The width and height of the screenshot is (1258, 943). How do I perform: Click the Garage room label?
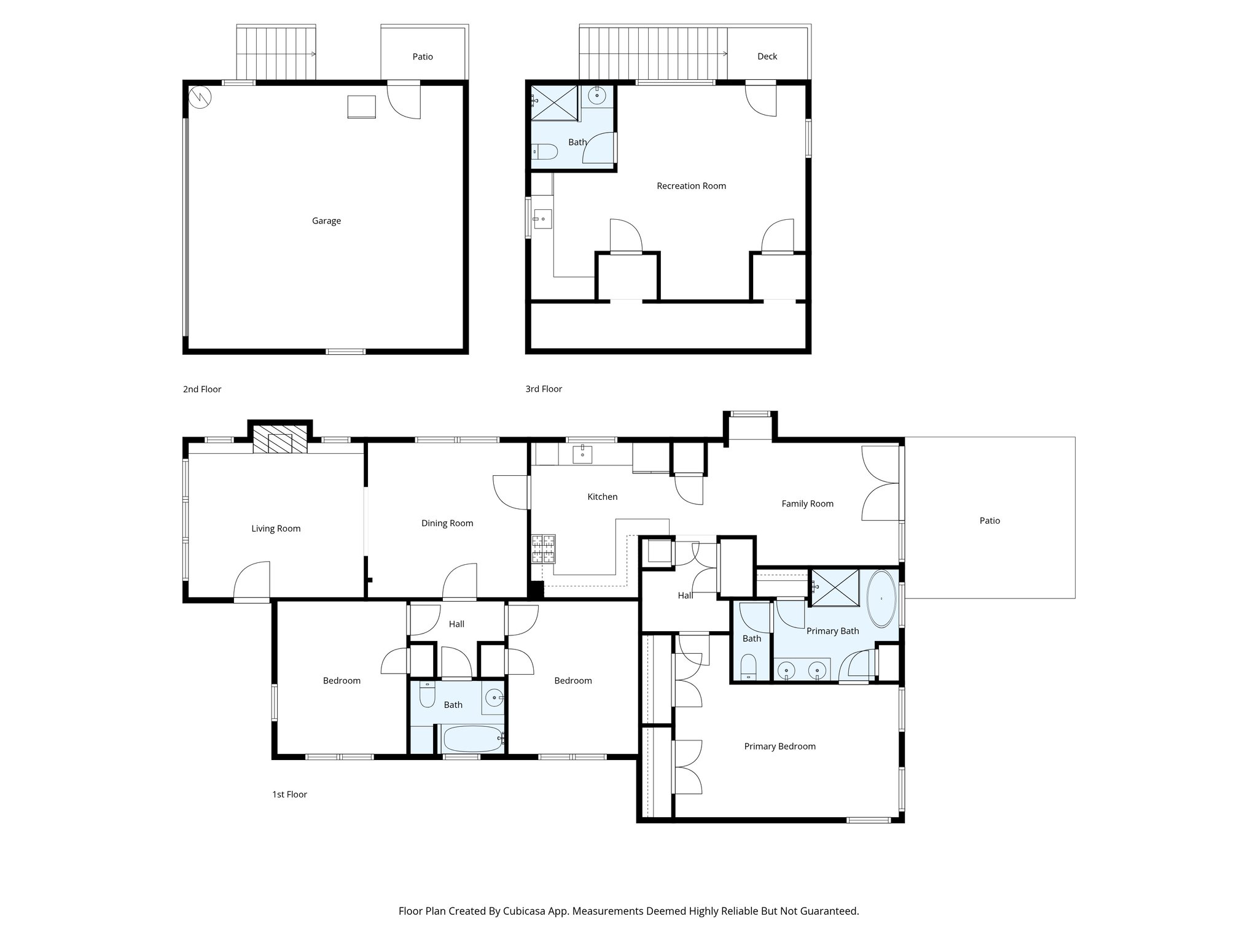pos(326,221)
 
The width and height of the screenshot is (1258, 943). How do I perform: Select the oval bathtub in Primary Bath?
pos(881,599)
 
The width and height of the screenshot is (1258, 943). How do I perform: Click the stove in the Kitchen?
pos(544,549)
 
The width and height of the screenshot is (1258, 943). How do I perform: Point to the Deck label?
pos(767,56)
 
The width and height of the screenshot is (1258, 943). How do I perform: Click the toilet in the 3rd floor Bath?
pos(544,151)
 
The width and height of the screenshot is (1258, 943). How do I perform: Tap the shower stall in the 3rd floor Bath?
pos(554,103)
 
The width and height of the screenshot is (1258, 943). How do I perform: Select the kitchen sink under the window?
pos(582,454)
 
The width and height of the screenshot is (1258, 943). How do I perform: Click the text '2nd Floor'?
pos(202,389)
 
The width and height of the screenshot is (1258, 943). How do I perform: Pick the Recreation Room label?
pos(691,186)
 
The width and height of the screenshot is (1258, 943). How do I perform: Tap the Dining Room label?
pos(447,524)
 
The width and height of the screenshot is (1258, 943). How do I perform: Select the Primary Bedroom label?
pos(779,747)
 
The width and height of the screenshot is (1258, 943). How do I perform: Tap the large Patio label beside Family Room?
pos(990,521)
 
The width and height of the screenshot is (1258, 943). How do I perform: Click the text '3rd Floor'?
pos(544,389)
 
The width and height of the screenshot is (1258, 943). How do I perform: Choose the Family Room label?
pos(807,504)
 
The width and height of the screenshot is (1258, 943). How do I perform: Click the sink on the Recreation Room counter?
pos(542,219)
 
